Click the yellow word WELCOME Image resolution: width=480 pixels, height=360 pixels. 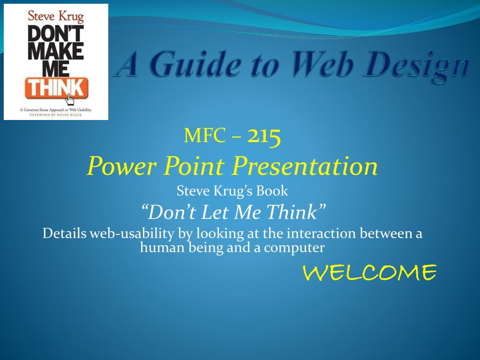pos(370,272)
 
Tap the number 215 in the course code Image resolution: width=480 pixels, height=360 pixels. pos(264,136)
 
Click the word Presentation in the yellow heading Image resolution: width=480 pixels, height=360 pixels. pos(305,166)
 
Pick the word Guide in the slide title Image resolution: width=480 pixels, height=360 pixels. pos(195,64)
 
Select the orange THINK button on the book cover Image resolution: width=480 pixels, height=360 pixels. pos(57,88)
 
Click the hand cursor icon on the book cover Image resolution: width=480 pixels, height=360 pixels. pos(70,99)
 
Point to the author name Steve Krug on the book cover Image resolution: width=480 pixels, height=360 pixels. pos(56,16)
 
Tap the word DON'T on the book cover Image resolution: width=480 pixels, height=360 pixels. pos(56,33)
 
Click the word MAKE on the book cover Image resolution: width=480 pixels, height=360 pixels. pos(56,51)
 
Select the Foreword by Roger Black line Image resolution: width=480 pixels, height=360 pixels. pos(56,115)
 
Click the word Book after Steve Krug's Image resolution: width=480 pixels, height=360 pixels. pos(272,191)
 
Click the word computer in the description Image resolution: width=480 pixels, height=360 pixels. pos(294,248)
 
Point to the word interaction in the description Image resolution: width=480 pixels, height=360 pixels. pos(321,233)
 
